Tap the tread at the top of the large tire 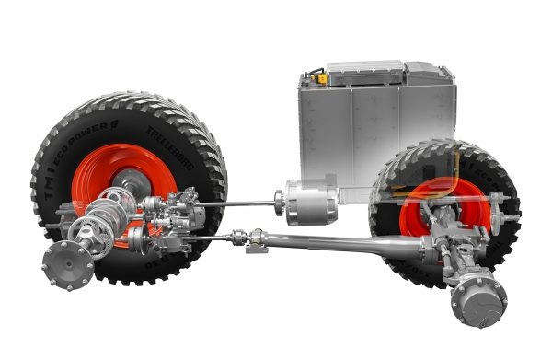coord(129,99)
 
